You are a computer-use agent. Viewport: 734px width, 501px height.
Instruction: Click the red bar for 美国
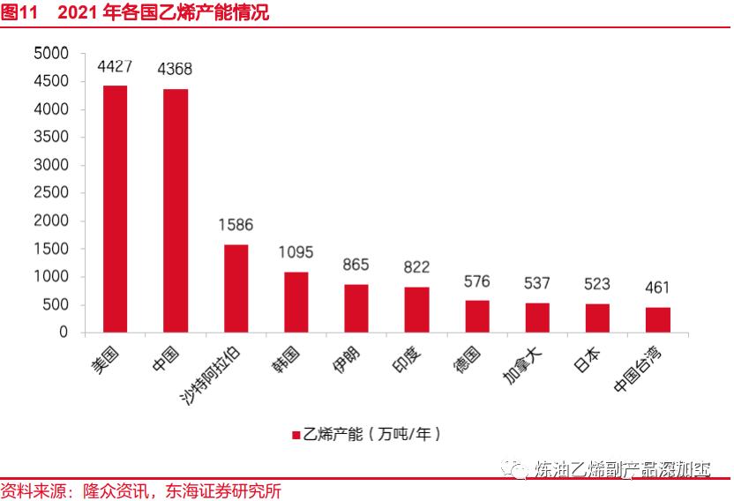[x=115, y=209]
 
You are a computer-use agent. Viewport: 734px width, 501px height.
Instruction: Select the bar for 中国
[x=175, y=211]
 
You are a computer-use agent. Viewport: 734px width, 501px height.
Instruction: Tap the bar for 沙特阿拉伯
[x=236, y=288]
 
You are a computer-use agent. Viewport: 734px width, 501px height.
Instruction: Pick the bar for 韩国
[x=296, y=302]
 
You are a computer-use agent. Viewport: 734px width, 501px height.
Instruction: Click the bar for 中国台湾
[x=657, y=319]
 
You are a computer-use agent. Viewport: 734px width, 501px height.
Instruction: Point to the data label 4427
[x=115, y=66]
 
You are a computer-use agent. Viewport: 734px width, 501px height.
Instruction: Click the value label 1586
[x=236, y=225]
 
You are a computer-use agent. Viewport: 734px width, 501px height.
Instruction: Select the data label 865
[x=356, y=265]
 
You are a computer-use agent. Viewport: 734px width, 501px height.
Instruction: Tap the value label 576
[x=476, y=281]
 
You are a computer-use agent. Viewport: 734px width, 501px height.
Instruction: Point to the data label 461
[x=657, y=288]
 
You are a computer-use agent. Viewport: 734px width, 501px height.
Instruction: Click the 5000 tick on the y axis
[x=51, y=54]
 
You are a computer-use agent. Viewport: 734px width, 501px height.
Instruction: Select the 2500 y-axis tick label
[x=51, y=193]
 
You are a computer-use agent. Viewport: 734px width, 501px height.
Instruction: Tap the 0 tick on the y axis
[x=64, y=333]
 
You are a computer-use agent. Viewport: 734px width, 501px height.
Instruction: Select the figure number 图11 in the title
[x=19, y=12]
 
